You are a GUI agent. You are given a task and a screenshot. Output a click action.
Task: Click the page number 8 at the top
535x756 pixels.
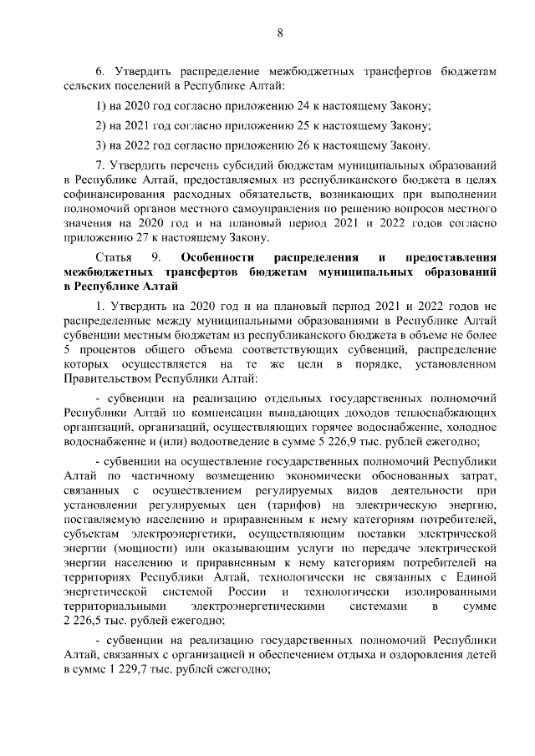point(279,33)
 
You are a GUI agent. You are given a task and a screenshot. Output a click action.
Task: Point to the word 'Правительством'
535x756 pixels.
point(104,378)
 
